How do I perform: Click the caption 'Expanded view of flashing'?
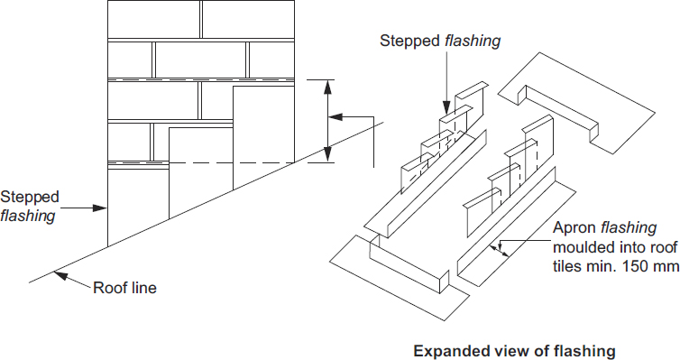(513, 350)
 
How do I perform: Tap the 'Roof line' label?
(124, 289)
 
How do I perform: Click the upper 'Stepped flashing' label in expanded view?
(440, 41)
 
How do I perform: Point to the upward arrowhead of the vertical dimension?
(328, 86)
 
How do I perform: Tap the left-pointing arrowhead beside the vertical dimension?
(335, 116)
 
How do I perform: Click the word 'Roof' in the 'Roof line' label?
(110, 289)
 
